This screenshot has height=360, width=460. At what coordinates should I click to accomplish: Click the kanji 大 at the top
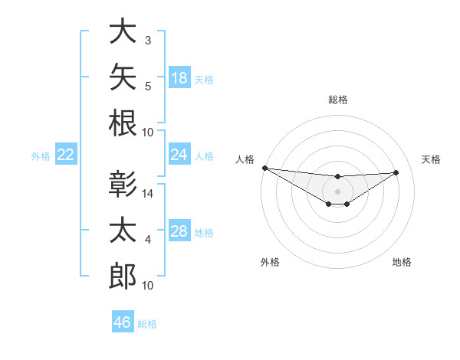[x=123, y=31]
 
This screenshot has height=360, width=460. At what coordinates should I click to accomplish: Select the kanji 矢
[x=123, y=77]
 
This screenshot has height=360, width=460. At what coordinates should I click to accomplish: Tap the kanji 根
[x=123, y=123]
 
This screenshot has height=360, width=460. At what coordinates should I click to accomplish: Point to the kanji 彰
[x=123, y=184]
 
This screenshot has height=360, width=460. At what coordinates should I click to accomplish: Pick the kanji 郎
[x=123, y=276]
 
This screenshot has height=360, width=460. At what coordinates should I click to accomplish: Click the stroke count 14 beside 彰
[x=147, y=194]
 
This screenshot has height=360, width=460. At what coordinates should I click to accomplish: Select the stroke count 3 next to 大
[x=148, y=41]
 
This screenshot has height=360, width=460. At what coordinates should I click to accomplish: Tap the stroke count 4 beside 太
[x=148, y=240]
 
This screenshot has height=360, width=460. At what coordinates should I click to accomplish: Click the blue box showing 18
[x=179, y=77]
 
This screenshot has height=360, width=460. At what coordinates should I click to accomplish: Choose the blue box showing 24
[x=179, y=154]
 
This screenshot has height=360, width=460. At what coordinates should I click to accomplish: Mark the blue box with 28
[x=179, y=230]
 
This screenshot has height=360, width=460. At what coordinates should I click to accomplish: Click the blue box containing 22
[x=66, y=154]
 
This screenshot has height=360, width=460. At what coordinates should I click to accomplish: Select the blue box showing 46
[x=123, y=321]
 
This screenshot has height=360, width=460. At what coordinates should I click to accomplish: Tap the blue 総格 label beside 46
[x=147, y=324]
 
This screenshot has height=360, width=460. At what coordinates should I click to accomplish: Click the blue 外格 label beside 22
[x=41, y=156]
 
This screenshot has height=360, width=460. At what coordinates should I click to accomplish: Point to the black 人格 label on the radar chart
[x=245, y=159]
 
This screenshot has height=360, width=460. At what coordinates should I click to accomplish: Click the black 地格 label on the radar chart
[x=402, y=262]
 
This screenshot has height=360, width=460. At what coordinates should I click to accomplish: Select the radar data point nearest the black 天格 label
[x=396, y=172]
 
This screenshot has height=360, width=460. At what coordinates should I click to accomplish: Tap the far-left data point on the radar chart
[x=265, y=168]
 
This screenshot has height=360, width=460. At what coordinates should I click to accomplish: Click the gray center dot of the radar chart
[x=337, y=191]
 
